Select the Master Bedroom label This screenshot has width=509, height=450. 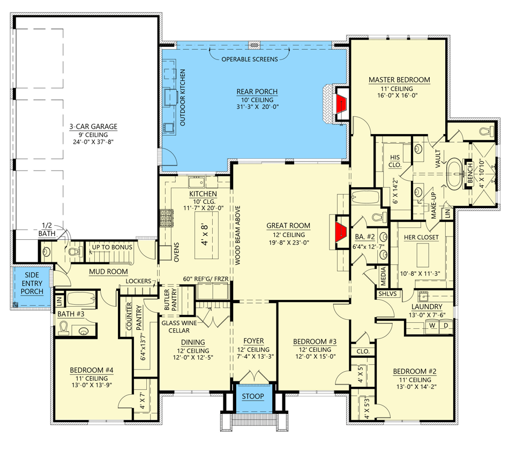point(399,80)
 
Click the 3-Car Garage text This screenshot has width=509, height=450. point(93,127)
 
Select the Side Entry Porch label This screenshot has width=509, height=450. point(32,283)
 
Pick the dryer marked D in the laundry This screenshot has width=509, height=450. point(445,326)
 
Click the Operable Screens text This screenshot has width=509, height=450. point(250,59)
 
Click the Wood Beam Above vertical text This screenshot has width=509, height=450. point(236,236)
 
